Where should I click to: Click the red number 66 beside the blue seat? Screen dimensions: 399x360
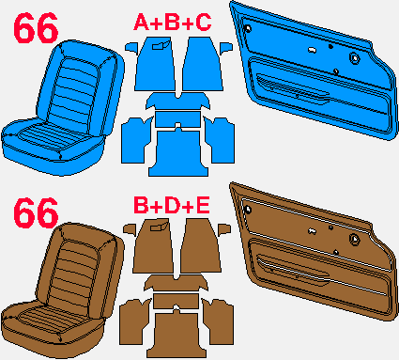pos(36,29)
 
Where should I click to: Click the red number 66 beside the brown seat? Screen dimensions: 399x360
pos(36,212)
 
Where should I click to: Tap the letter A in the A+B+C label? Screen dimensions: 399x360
pos(141,23)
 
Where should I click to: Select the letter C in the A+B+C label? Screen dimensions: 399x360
pos(204,23)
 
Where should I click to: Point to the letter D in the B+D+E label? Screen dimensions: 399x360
pos(172,206)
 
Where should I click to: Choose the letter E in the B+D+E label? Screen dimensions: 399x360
pos(202,206)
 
